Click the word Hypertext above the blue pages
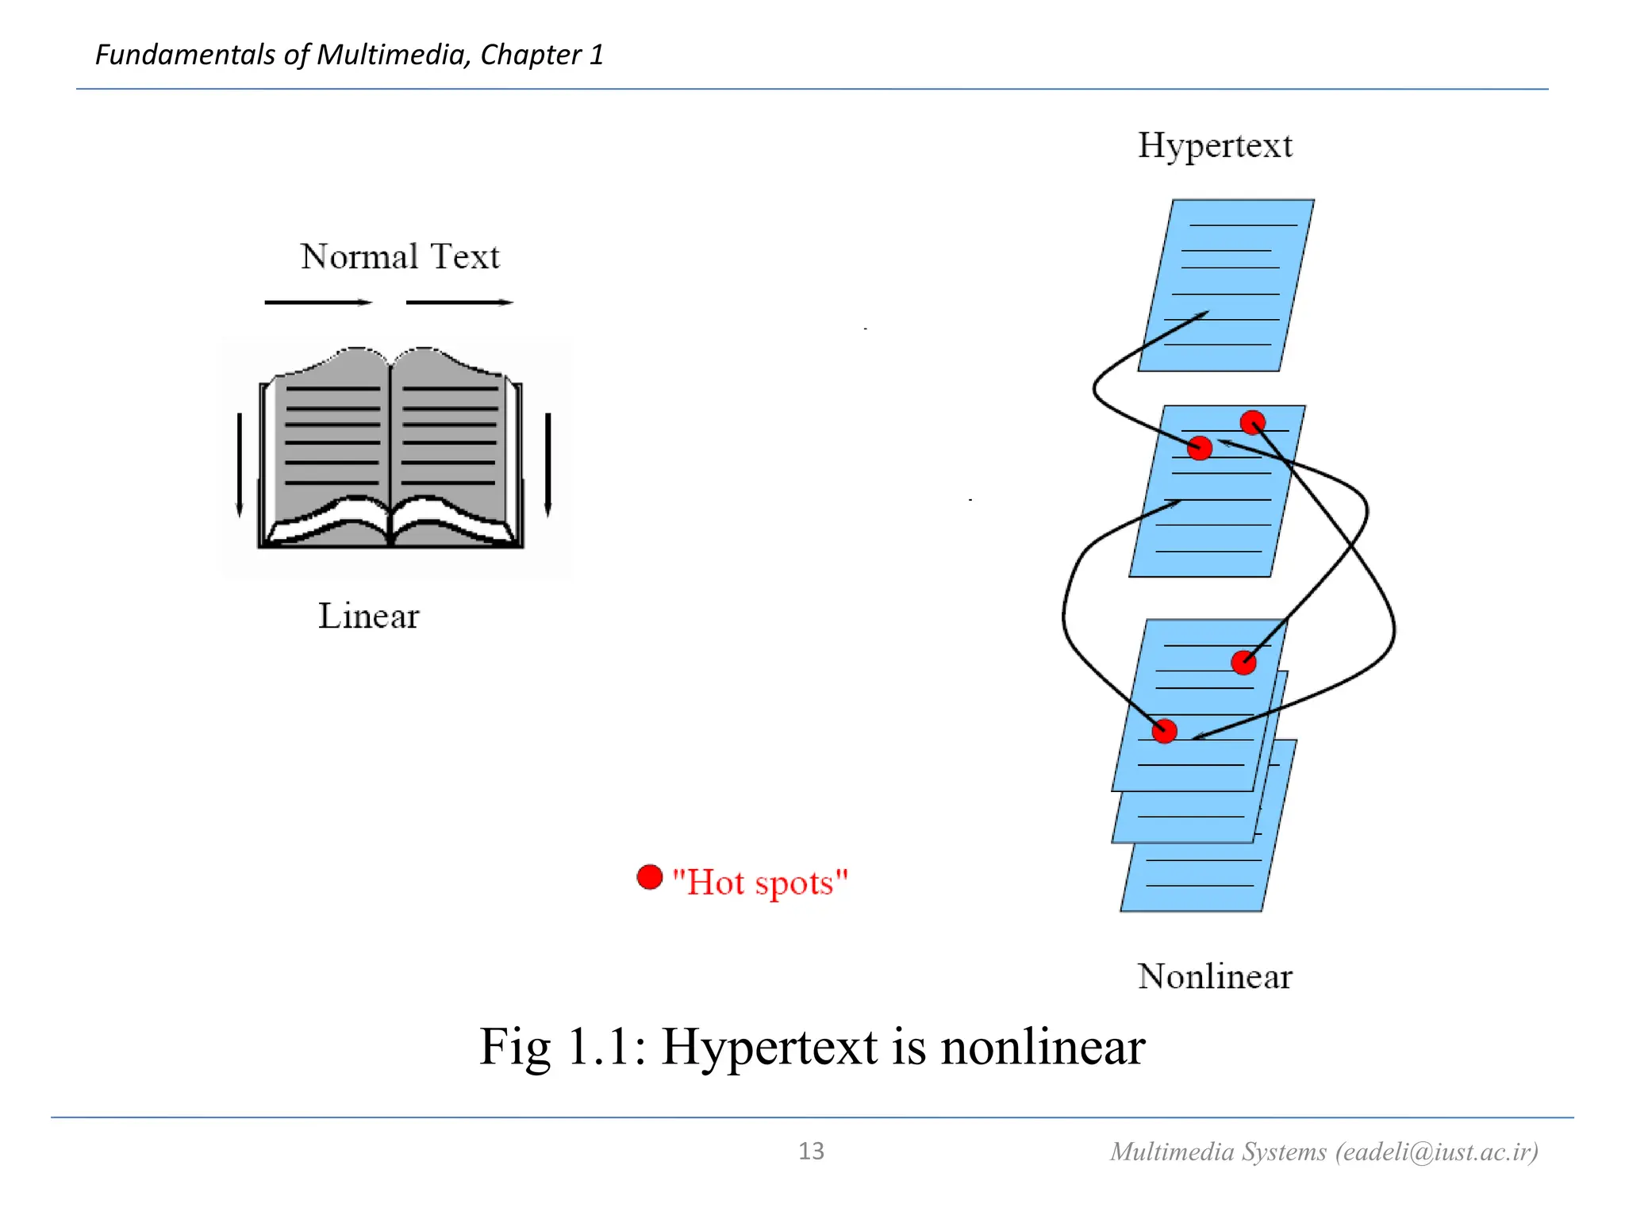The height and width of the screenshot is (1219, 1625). [x=1215, y=146]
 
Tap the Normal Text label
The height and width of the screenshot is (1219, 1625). [x=400, y=257]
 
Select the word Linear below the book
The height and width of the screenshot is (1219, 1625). [x=368, y=617]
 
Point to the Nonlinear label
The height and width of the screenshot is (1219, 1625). [x=1214, y=977]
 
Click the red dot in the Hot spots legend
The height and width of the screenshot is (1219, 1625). [x=650, y=877]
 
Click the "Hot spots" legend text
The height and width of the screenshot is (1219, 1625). [x=760, y=883]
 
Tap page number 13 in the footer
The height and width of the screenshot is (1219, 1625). [x=811, y=1152]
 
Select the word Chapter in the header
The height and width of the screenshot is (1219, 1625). [x=531, y=55]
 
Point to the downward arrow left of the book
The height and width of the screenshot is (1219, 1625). [x=240, y=464]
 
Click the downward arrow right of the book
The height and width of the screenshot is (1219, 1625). [x=547, y=464]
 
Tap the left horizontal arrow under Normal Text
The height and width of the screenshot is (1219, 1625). [x=318, y=302]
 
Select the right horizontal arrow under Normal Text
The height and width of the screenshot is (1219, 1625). [x=459, y=302]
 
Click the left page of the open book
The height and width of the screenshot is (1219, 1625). [x=332, y=436]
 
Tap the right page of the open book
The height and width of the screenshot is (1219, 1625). [x=449, y=436]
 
